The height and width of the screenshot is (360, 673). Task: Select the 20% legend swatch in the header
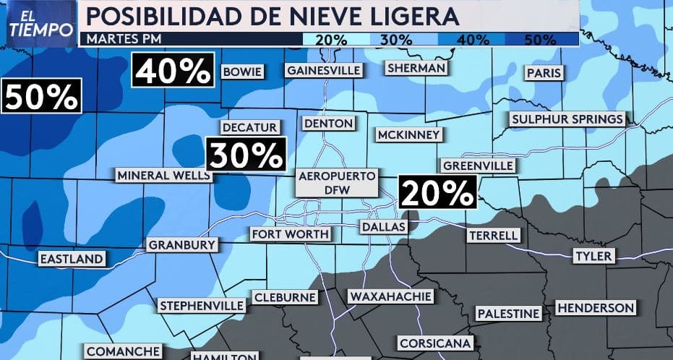330,39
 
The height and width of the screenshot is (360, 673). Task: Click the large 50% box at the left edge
40,96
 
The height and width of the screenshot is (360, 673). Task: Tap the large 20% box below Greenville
437,192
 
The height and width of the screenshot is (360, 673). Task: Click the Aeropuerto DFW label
338,182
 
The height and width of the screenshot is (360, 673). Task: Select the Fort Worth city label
290,234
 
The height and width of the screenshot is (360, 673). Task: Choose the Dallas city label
384,227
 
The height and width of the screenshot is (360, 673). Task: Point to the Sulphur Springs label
567,119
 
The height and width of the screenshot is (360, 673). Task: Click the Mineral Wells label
163,176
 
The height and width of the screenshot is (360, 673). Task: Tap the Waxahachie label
390,296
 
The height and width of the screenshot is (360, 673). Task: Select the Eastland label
72,259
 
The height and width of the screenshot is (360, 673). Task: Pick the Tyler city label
593,256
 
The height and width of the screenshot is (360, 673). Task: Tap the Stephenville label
202,305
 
